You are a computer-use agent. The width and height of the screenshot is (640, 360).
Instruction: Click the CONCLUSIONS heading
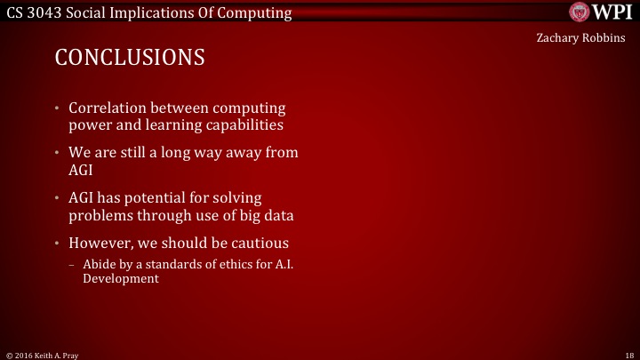coord(130,58)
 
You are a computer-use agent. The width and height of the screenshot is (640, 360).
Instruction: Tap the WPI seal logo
coord(580,12)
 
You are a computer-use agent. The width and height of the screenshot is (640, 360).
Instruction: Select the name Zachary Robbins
coord(580,38)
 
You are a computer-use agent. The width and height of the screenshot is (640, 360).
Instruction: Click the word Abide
coord(98,264)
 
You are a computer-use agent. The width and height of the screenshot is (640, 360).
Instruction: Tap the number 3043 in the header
coord(52,12)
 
